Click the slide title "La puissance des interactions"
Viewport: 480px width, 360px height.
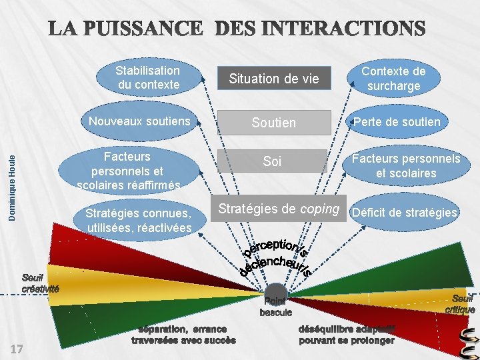tap(236, 29)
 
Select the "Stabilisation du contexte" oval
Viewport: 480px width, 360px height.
tap(147, 77)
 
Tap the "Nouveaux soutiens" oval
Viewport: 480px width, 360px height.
tap(139, 121)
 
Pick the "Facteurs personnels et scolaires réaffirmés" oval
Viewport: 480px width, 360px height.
tap(127, 170)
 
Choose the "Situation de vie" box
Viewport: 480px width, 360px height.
tap(274, 79)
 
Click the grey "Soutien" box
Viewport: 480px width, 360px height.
tap(273, 123)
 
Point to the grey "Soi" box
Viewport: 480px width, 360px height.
tap(272, 161)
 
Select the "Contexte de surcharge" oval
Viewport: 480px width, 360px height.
tap(393, 78)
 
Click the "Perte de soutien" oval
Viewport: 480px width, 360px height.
tap(396, 121)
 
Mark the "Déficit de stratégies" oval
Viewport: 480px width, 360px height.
tap(405, 213)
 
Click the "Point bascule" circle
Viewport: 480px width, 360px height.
tap(275, 294)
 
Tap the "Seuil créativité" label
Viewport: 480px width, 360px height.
tap(40, 283)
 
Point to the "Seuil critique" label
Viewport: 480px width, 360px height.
tap(459, 304)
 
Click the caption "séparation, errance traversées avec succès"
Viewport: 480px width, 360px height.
tap(183, 334)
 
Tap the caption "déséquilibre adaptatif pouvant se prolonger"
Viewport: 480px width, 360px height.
tap(345, 334)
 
